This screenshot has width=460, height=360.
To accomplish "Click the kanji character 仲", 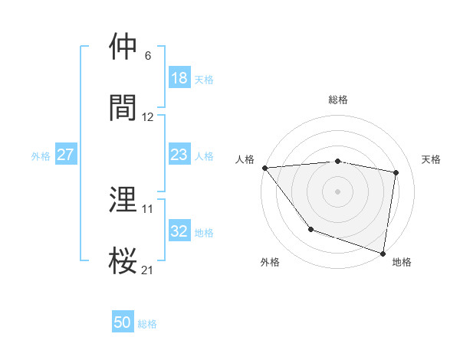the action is click(x=123, y=47).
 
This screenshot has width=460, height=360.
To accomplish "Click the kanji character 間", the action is click(x=123, y=107).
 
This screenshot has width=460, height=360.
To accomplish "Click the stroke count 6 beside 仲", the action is click(x=148, y=56).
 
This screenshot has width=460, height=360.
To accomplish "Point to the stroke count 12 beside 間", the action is click(x=148, y=116).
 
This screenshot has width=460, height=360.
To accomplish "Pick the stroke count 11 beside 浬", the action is click(x=148, y=208).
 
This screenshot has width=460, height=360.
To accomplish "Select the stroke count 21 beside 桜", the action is click(x=148, y=269).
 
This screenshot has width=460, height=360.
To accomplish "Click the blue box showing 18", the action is click(x=179, y=78).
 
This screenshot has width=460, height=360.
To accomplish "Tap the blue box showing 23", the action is click(x=179, y=155).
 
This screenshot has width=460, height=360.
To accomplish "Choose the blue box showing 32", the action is click(x=179, y=231).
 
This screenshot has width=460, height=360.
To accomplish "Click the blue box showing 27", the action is click(x=66, y=155).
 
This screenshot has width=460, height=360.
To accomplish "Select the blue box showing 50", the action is click(x=123, y=323).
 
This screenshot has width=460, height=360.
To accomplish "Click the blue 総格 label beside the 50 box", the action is click(x=148, y=324).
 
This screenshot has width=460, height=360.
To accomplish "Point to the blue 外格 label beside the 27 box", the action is click(x=41, y=155).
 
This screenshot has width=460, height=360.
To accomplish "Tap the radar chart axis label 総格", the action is click(x=338, y=100).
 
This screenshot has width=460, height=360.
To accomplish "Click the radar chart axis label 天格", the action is click(x=432, y=159).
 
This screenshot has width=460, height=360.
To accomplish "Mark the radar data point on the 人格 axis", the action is click(x=264, y=168).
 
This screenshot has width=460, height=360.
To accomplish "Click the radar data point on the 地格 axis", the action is click(x=383, y=252).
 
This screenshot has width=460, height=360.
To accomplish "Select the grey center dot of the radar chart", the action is click(x=338, y=191).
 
